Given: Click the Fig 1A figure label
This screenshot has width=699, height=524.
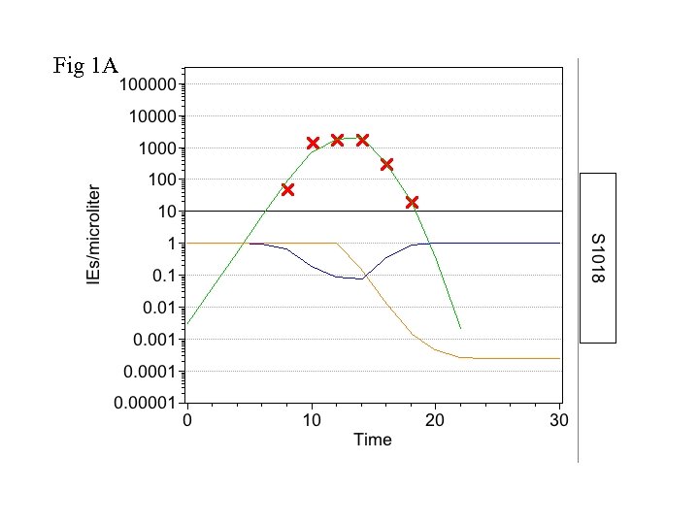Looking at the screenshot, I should coord(85,67).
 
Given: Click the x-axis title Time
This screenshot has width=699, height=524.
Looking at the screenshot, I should coord(373,440).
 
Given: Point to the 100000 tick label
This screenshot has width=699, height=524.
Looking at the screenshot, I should coord(148,84).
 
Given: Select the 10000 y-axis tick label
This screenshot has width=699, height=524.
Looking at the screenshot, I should coord(151,116).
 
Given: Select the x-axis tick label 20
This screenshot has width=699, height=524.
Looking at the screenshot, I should coord(436,421).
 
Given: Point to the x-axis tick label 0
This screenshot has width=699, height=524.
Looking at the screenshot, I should coord(187,421).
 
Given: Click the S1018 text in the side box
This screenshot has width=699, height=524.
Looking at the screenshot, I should coord(598,258).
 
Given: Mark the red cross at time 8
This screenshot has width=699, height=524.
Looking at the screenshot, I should coord(287,189).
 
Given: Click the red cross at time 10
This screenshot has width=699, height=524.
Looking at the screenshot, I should coord(313,143).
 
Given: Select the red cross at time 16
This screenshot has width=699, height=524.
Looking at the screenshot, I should coord(386,164).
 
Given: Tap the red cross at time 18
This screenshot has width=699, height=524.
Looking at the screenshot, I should coord(412,202).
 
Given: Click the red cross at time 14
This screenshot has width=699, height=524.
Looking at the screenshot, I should coord(362,140).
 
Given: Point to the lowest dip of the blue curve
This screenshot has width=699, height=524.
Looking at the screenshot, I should coord(359,278).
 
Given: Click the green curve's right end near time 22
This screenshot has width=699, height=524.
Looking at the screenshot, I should coord(460,328).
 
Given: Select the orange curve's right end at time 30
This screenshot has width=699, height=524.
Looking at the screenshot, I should coord(560,358).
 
